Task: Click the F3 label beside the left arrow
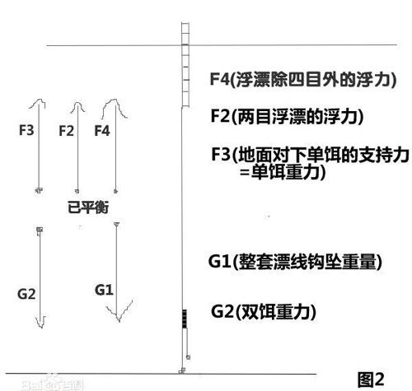click(x=26, y=130)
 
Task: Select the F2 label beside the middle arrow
click(x=66, y=131)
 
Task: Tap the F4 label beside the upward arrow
click(x=102, y=131)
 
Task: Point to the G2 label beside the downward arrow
click(x=26, y=294)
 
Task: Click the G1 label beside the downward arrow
click(x=104, y=290)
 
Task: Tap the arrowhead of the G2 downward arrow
click(x=40, y=323)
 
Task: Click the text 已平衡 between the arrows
click(x=88, y=207)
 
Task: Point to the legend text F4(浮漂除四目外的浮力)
click(x=303, y=80)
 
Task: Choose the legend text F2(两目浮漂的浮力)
click(x=287, y=116)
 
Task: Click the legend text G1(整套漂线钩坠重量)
click(x=295, y=262)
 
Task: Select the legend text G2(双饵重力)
click(x=264, y=311)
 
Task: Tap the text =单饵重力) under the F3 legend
click(x=283, y=172)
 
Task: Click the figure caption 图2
click(x=371, y=379)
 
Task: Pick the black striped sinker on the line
click(x=185, y=319)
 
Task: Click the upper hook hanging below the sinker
click(x=188, y=357)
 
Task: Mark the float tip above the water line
click(x=185, y=34)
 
